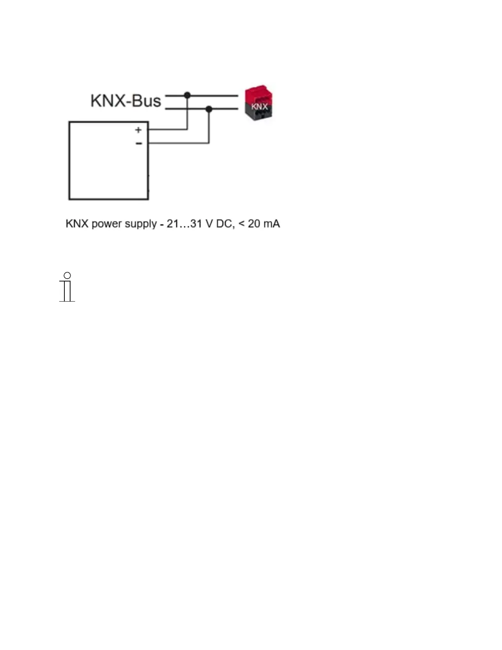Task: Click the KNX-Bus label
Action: (x=125, y=101)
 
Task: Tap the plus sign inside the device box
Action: (x=138, y=130)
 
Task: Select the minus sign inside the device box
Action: (x=139, y=144)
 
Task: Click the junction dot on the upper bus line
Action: (x=187, y=96)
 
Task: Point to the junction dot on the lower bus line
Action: (x=209, y=109)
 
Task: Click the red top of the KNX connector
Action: (x=259, y=94)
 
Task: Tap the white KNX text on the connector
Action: (x=259, y=107)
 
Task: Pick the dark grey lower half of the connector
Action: (x=259, y=112)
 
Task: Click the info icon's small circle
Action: (x=67, y=275)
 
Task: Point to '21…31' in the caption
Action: (x=184, y=224)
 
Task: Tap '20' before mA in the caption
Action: (x=254, y=224)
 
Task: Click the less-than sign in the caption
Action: (x=242, y=224)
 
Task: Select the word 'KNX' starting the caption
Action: (x=77, y=224)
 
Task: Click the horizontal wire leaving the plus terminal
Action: (x=168, y=130)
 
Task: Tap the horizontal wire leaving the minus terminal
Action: (x=178, y=143)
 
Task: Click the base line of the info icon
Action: (x=67, y=301)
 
